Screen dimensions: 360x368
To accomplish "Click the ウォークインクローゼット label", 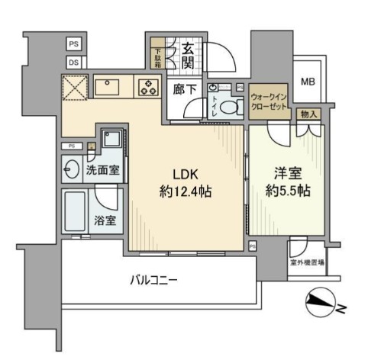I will pos(270,101).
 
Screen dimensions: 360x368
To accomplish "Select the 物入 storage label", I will pos(308,114).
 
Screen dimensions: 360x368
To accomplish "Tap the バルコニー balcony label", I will pos(153,280).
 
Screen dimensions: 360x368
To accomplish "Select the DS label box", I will pos(75,63).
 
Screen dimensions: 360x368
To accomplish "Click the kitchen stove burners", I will pos(146,88).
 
